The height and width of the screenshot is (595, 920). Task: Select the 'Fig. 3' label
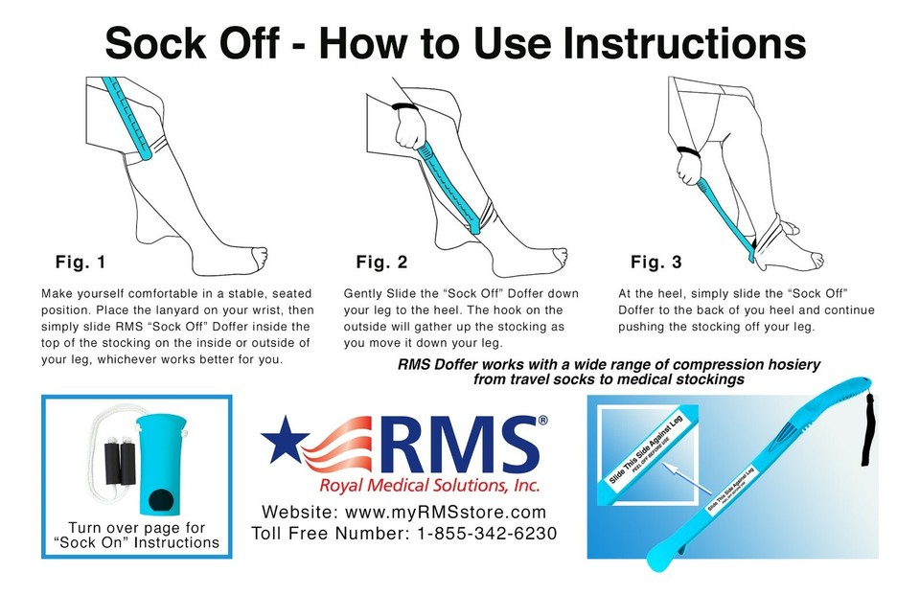656,262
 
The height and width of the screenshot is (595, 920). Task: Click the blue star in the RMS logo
285,441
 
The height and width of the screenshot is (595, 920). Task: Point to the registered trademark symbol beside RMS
542,420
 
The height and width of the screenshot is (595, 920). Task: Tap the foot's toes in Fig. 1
257,257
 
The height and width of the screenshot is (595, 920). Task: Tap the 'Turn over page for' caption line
136,528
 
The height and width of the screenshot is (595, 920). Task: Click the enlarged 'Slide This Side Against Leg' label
646,454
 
